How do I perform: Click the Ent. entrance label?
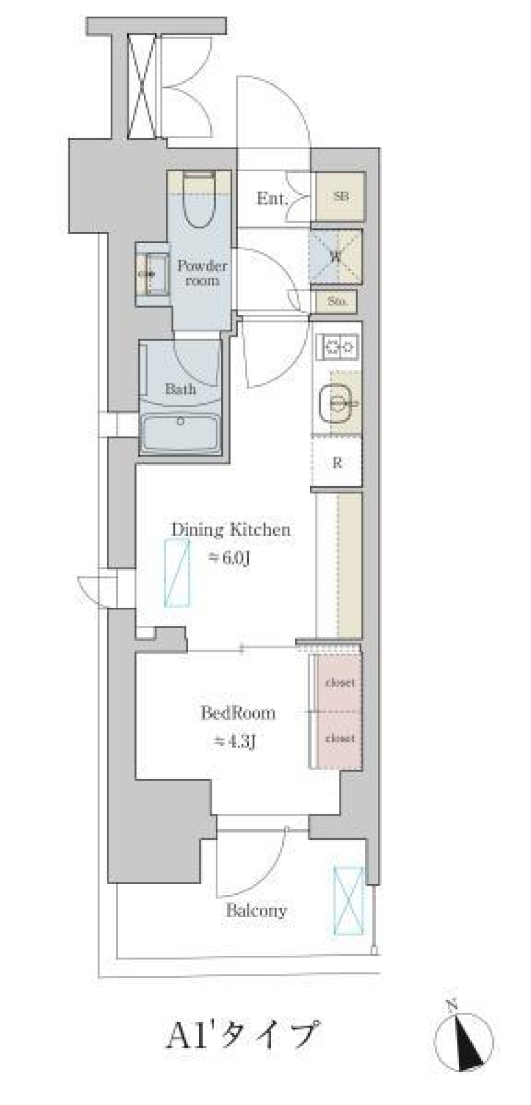(271, 198)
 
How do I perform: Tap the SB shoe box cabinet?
(341, 197)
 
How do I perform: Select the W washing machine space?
(335, 256)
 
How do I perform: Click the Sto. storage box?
(337, 302)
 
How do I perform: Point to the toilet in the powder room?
(199, 202)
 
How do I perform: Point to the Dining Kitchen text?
(231, 530)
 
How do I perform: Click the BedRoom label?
(238, 713)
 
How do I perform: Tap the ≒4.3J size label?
(235, 742)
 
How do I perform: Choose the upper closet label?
(340, 683)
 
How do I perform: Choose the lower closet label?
(340, 738)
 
